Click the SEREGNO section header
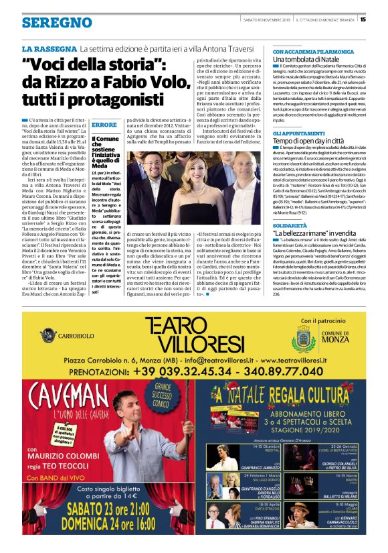[x=57, y=23]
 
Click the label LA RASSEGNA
[x=49, y=50]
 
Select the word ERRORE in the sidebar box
[x=104, y=125]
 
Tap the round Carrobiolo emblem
[x=50, y=332]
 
